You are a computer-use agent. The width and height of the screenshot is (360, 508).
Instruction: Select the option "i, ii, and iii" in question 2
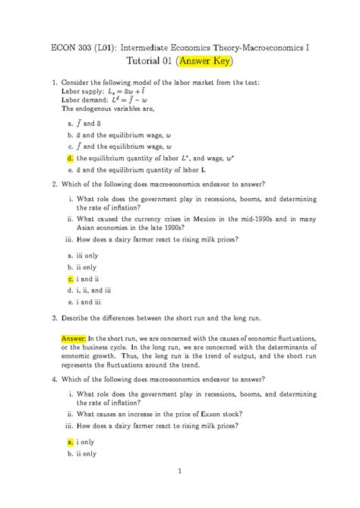click(94, 290)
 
